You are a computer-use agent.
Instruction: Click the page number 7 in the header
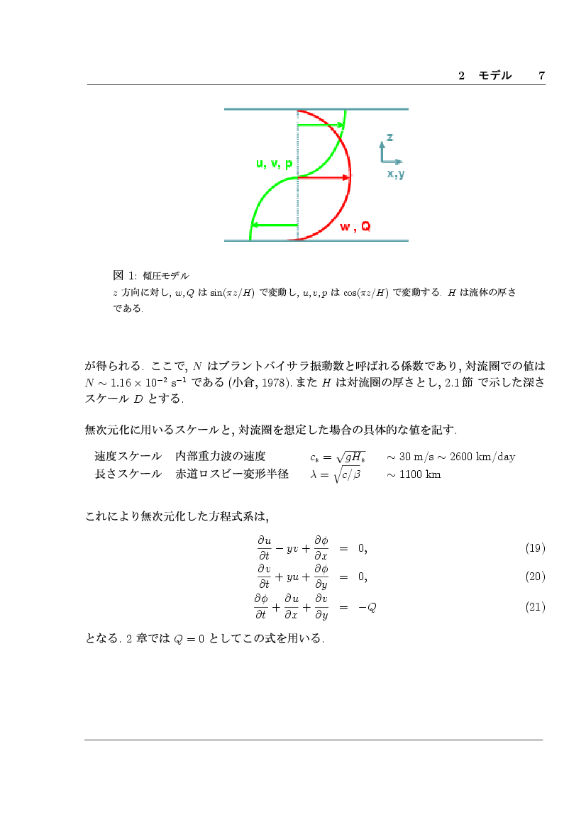click(541, 76)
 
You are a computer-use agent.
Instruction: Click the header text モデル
click(494, 76)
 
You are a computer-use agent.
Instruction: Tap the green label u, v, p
click(274, 164)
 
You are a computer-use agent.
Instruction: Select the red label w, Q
click(355, 227)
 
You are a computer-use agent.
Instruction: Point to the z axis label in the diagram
click(389, 136)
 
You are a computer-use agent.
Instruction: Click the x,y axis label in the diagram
click(396, 174)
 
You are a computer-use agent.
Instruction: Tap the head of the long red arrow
click(347, 177)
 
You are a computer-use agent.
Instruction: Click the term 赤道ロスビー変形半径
click(232, 474)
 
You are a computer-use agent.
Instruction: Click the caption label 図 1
click(123, 275)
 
